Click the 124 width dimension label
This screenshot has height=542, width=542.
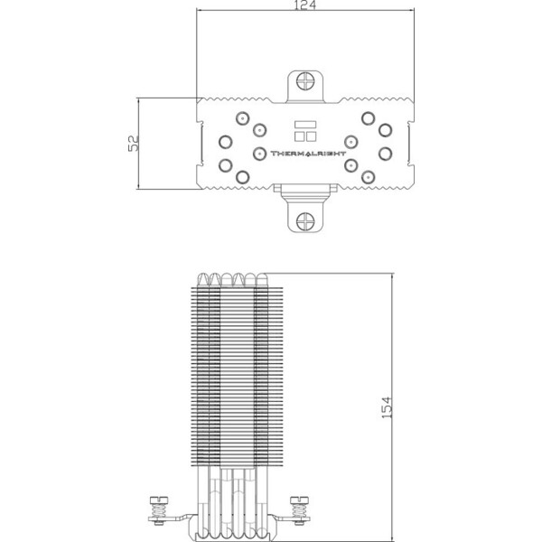click(305, 5)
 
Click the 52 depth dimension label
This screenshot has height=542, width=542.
click(133, 143)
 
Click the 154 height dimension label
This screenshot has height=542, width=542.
click(387, 407)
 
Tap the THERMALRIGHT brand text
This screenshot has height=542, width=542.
click(308, 154)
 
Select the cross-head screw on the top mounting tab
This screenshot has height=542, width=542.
click(305, 81)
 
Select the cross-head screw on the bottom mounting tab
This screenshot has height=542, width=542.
click(305, 221)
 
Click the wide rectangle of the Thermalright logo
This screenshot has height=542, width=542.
click(305, 125)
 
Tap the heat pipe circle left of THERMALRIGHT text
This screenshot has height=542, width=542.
click(259, 154)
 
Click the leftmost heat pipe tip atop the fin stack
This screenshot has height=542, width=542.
click(202, 279)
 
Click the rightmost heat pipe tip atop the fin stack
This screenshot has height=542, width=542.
click(262, 279)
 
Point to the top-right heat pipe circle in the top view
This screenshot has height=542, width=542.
click(369, 118)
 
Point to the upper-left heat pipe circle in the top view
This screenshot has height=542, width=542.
click(243, 118)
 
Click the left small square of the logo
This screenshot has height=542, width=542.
click(299, 136)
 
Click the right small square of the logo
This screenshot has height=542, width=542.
click(311, 136)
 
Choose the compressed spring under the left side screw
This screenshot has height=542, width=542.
click(159, 510)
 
